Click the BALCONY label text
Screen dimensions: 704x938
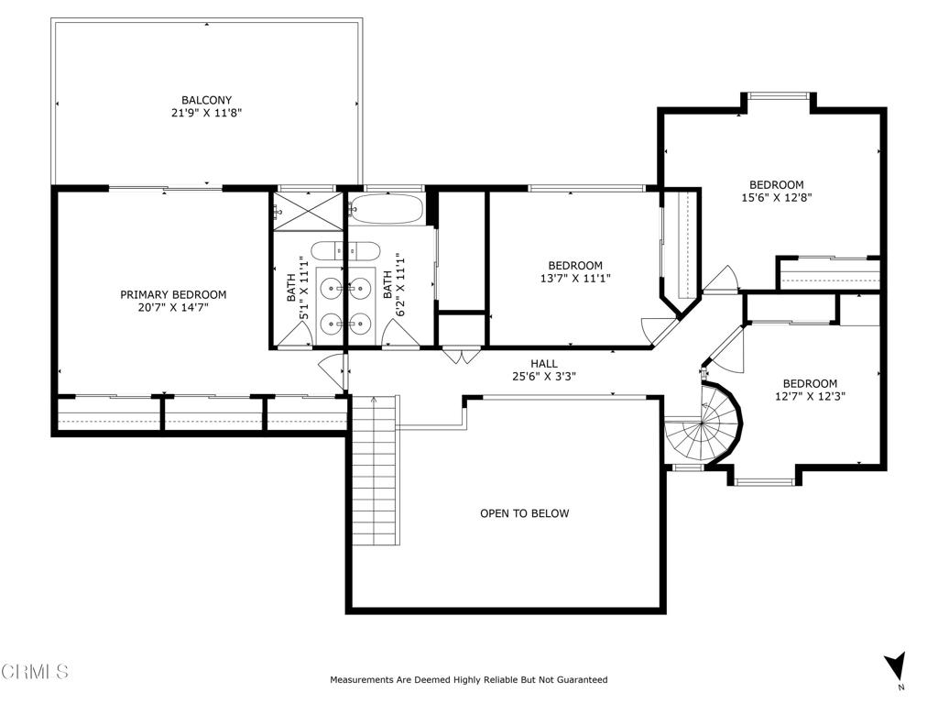tap(206, 100)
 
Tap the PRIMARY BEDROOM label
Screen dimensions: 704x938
tap(173, 294)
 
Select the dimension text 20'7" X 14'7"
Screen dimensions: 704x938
tap(173, 308)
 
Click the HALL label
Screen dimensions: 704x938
tap(544, 363)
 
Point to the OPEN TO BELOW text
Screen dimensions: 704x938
tap(524, 513)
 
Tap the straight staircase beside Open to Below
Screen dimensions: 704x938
tap(376, 472)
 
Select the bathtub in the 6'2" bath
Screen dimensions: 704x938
tap(387, 208)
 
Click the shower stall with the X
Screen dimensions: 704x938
tap(307, 210)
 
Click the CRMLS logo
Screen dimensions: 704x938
tap(35, 672)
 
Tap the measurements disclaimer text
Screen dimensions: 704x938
tap(468, 680)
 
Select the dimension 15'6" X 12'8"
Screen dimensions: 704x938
tap(777, 197)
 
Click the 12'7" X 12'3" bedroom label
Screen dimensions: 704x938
tap(810, 390)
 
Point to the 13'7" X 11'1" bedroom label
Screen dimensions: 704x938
tap(575, 272)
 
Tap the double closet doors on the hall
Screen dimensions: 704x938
tap(455, 356)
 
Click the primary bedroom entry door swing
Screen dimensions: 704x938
tap(332, 368)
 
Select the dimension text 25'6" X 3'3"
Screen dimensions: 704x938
tap(544, 376)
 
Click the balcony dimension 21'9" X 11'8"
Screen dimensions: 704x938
tap(206, 113)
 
